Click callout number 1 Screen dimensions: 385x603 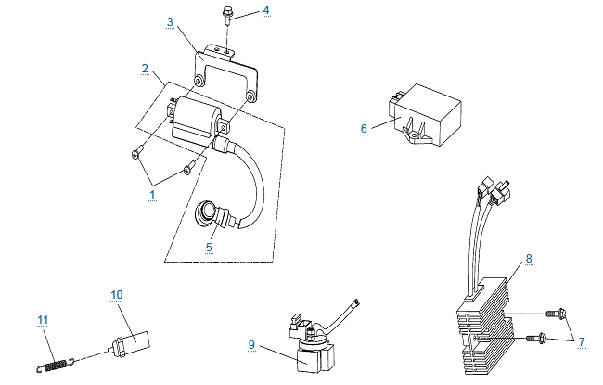pyautogui.click(x=153, y=196)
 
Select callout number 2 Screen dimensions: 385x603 pyautogui.click(x=146, y=68)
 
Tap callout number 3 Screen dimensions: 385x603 pyautogui.click(x=170, y=20)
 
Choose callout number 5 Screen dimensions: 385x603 pyautogui.click(x=210, y=248)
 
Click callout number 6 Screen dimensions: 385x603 pyautogui.click(x=364, y=129)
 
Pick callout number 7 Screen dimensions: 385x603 pyautogui.click(x=582, y=342)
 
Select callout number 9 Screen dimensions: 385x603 pyautogui.click(x=251, y=344)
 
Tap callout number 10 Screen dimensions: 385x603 pyautogui.click(x=116, y=295)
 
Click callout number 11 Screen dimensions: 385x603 pyautogui.click(x=43, y=320)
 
